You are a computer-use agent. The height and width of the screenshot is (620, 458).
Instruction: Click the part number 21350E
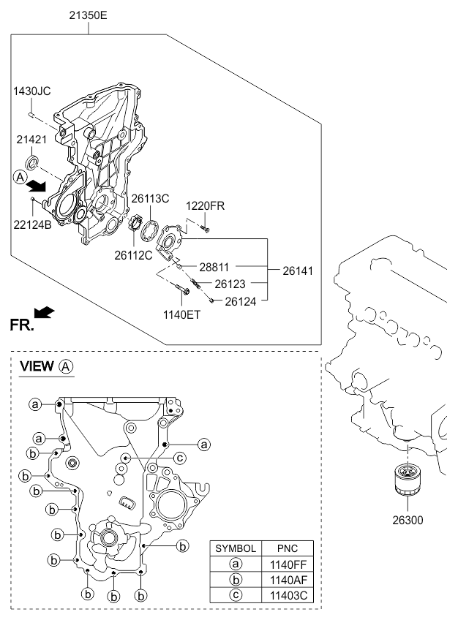click(x=89, y=14)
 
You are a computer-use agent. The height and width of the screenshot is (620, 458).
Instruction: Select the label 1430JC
click(x=31, y=91)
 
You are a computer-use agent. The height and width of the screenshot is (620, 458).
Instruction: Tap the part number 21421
click(x=31, y=138)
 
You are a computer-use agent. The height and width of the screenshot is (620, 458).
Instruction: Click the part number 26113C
click(x=150, y=199)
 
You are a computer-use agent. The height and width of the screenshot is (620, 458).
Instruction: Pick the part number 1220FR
click(x=204, y=205)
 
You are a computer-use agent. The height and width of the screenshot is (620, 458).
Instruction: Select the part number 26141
click(x=298, y=270)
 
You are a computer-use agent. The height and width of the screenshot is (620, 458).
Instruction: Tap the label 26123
click(x=234, y=283)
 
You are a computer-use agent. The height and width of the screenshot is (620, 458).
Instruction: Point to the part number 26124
click(x=241, y=300)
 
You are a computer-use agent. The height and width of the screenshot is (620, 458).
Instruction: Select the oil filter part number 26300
click(x=407, y=521)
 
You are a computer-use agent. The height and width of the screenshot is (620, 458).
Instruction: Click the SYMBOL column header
click(x=235, y=548)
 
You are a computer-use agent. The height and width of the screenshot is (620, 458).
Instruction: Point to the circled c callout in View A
click(x=179, y=458)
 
